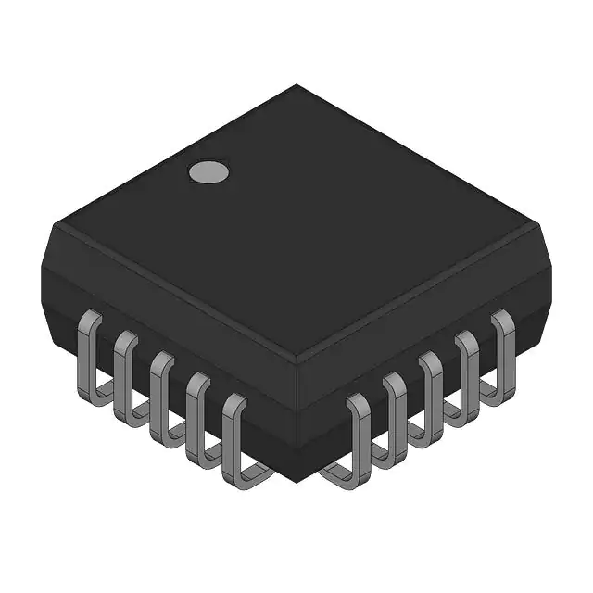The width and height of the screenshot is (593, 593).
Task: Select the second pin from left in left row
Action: (125, 371)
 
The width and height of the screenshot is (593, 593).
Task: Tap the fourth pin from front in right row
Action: (467, 371)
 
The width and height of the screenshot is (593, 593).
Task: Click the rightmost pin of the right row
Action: (503, 347)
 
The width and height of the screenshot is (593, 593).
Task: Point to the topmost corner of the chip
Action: (296, 85)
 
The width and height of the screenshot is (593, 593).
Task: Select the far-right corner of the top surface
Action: (538, 225)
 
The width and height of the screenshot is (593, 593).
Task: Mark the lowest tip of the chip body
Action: (296, 484)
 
